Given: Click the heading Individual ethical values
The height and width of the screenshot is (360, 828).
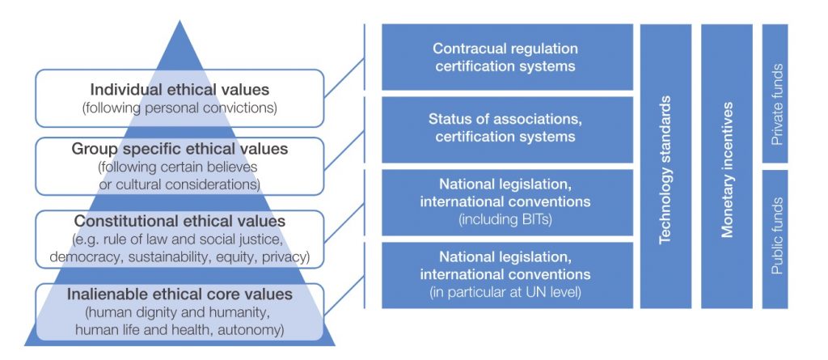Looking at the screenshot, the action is pos(180,89).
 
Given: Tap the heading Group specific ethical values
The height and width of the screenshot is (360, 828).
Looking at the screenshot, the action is pos(180,149).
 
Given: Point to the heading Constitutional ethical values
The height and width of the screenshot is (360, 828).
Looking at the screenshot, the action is pos(180,220).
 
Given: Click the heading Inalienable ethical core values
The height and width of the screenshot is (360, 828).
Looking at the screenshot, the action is pos(180,294).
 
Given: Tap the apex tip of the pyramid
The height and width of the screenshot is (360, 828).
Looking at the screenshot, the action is pos(180,20).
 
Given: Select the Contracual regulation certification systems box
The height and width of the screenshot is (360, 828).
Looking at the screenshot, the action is pos(507,57).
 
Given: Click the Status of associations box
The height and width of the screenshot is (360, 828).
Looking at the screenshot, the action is pos(507,129).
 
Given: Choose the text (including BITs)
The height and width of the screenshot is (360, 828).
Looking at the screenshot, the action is pos(505,219).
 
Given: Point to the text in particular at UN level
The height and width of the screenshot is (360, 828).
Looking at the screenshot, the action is pos(505,292).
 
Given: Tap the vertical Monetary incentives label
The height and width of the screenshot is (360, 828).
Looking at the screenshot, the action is pos(727,169).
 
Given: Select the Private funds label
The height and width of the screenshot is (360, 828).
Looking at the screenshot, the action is pos(777,104).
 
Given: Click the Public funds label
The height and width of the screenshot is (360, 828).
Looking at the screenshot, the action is pos(777,235).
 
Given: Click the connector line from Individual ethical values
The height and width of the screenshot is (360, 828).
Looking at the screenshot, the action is pos(344,78).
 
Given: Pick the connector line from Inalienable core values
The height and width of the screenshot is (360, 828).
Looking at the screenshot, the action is pos(344,295).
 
